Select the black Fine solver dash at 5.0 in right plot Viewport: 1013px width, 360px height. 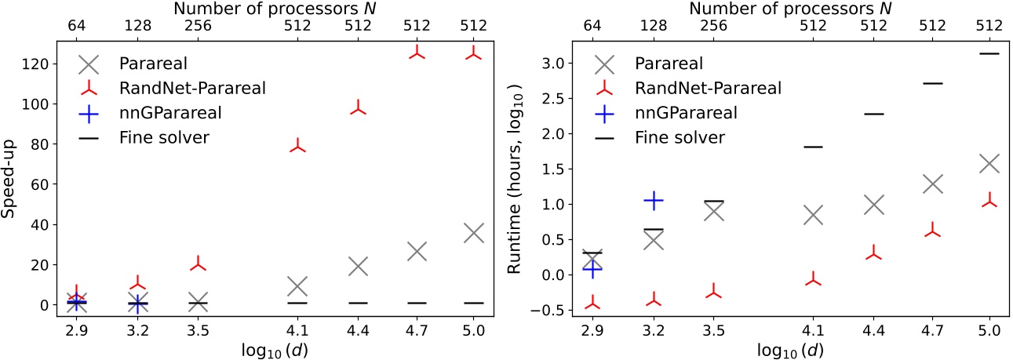click(989, 53)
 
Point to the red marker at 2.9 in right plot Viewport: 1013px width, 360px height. click(592, 304)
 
